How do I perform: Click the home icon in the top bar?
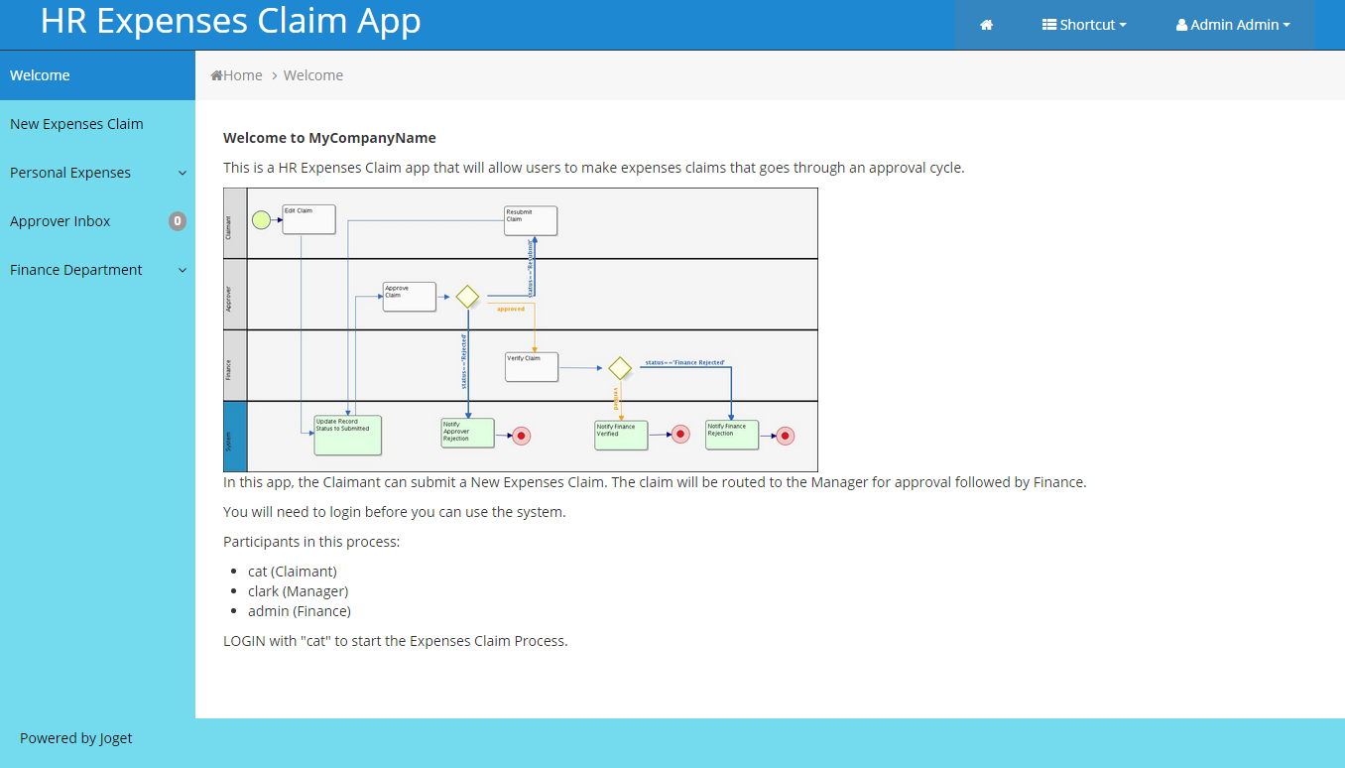point(986,25)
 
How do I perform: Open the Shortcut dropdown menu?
point(1084,25)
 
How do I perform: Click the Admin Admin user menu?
point(1233,25)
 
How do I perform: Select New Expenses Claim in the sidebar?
point(76,124)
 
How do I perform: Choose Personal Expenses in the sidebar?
point(70,173)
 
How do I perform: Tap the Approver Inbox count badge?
point(178,221)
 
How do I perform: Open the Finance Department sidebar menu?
point(76,270)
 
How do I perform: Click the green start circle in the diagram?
point(261,220)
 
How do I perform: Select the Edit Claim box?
point(308,219)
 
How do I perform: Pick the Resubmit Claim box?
point(531,220)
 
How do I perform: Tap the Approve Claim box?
point(409,297)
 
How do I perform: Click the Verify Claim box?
point(532,367)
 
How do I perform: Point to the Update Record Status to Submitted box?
point(347,435)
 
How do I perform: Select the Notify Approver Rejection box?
point(467,433)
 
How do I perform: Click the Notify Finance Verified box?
point(621,435)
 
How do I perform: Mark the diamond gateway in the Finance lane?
point(620,368)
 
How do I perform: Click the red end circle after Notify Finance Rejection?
point(785,436)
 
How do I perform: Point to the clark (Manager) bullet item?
point(298,591)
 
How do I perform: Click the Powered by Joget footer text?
point(76,738)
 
